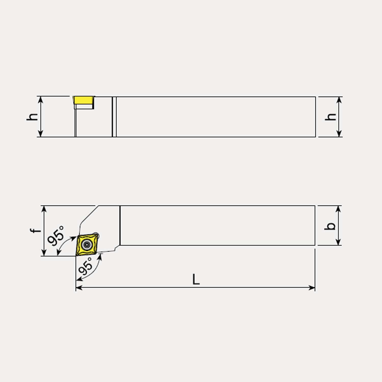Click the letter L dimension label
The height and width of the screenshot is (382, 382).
pos(196,279)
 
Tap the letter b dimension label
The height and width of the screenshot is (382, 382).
pos(330,226)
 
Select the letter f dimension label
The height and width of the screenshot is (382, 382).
pos(35,230)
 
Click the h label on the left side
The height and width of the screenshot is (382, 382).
pos(32,116)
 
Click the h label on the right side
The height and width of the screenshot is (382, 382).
pos(331,116)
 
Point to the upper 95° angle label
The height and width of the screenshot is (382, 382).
pos(56,236)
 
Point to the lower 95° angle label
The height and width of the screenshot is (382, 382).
pos(86,266)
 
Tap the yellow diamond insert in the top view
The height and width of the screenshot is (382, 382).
pos(87,245)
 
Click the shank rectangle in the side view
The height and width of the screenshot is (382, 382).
pos(216,117)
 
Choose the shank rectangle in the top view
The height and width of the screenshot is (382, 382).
pos(217,226)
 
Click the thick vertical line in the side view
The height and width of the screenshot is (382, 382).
pos(112,117)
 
